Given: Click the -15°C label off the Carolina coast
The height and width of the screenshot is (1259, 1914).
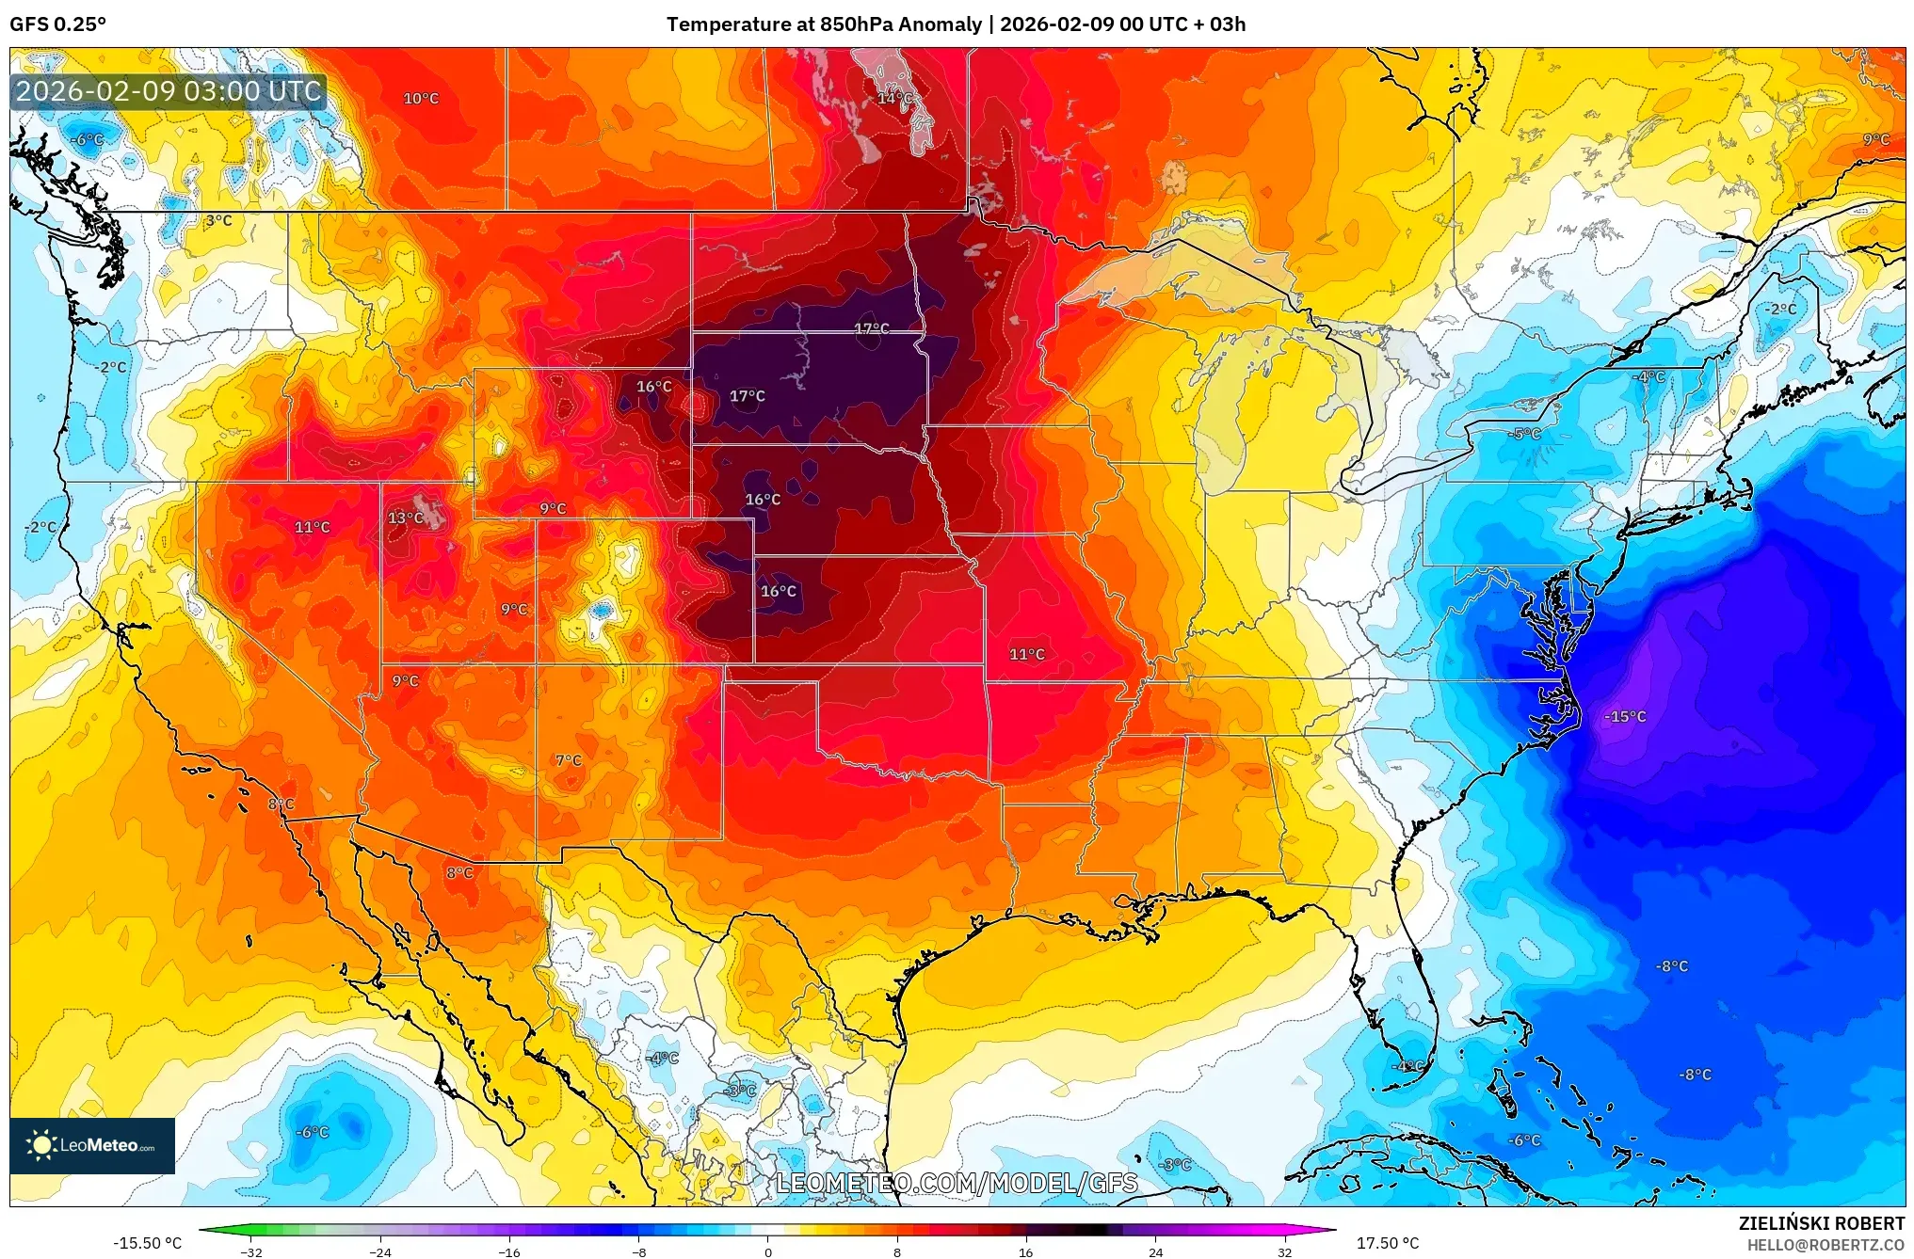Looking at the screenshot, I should (1625, 716).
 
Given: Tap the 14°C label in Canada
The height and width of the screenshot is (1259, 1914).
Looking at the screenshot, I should (894, 98).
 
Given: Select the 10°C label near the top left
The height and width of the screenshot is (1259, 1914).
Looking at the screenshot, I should (421, 98).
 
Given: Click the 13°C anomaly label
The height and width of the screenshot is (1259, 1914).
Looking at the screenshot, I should (406, 518).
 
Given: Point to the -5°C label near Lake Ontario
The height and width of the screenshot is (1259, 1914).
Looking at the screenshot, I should (1524, 434).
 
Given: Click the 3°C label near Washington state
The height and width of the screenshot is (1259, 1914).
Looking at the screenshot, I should (218, 220).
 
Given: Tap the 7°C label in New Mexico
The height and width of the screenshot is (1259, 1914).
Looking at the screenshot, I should (569, 760).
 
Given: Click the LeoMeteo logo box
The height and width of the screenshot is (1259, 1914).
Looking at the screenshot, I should (92, 1145).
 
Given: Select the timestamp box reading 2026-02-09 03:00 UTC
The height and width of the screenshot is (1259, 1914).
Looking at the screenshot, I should (169, 91).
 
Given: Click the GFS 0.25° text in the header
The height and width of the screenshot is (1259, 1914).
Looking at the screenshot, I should (58, 24).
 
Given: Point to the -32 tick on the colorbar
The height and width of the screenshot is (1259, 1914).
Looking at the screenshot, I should (251, 1251).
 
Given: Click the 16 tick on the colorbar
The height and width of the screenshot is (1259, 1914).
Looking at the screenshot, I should (1025, 1251).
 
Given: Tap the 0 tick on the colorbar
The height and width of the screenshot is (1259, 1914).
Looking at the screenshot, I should (767, 1251).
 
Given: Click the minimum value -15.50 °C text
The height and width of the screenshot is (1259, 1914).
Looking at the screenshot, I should (147, 1243).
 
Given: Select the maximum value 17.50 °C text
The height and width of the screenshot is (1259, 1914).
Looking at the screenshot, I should (1387, 1243).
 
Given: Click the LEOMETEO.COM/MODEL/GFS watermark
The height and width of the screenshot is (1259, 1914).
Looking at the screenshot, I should (957, 1182).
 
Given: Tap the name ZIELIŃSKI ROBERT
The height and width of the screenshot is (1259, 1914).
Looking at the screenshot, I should (1821, 1223).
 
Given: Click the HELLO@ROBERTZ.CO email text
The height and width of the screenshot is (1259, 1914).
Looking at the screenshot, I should (1826, 1245).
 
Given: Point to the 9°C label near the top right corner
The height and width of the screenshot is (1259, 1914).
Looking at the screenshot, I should (1875, 139).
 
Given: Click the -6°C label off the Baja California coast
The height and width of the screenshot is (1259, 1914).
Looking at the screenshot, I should (313, 1132).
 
